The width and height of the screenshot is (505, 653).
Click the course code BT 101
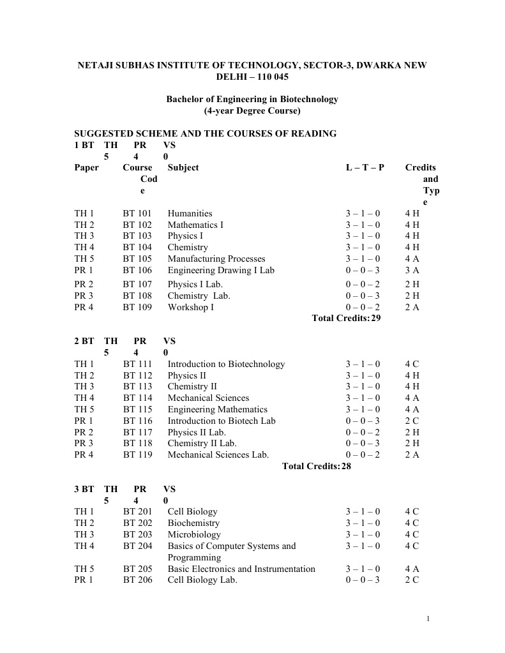tap(137, 214)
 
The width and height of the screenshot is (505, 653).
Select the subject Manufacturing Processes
tap(216, 259)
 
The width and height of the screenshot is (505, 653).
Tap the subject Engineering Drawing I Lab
tap(221, 271)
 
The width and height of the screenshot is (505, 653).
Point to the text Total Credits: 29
tap(346, 319)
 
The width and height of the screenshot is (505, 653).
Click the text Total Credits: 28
tap(317, 467)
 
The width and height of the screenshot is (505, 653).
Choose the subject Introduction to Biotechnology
tap(226, 364)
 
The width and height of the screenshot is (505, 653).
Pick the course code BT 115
tap(137, 410)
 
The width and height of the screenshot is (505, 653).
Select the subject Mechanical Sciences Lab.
tap(218, 455)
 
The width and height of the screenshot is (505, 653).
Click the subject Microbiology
tap(194, 535)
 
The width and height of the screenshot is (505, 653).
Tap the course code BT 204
tap(137, 546)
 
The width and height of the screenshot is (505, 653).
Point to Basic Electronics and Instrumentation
tap(241, 569)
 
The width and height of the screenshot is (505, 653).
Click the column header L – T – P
tap(365, 168)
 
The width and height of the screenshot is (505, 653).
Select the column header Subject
tap(183, 168)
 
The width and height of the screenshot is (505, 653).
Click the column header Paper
tap(87, 168)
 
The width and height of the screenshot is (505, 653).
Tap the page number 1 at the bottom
tap(428, 619)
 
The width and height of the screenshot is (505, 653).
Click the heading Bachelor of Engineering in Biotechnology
tap(252, 100)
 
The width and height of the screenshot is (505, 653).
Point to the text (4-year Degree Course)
tap(252, 111)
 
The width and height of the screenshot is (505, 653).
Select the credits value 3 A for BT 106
tap(412, 271)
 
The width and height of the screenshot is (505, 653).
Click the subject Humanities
tap(190, 214)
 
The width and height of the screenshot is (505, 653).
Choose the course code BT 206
tap(137, 580)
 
